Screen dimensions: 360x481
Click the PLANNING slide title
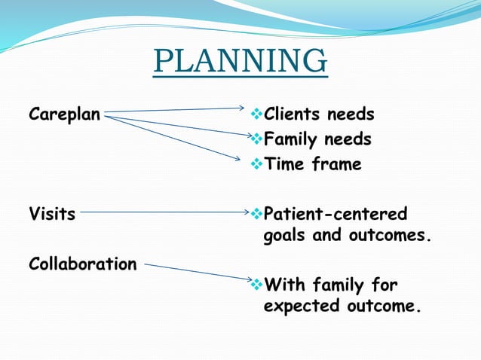click(x=240, y=61)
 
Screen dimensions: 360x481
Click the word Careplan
click(x=64, y=115)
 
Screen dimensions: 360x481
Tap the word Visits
click(x=52, y=213)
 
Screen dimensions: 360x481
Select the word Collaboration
click(x=83, y=264)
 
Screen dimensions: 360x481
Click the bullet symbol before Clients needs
click(x=255, y=114)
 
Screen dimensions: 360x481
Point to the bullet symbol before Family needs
click(x=255, y=139)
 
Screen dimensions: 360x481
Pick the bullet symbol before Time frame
click(x=255, y=164)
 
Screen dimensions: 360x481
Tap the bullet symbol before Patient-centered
click(x=255, y=213)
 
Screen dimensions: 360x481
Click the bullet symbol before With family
click(x=255, y=285)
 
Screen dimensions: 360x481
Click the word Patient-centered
click(x=335, y=213)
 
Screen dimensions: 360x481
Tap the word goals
click(x=285, y=236)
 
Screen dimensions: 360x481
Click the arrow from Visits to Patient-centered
click(x=162, y=212)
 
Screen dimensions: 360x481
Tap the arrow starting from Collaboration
click(x=196, y=272)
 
